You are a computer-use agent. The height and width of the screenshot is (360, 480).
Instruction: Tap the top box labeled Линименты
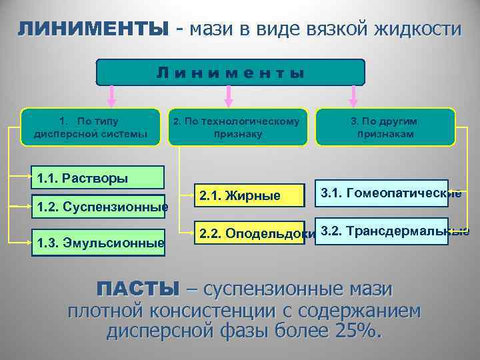[x=231, y=73]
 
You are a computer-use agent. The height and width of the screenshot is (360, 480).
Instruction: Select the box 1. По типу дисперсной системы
[x=91, y=127]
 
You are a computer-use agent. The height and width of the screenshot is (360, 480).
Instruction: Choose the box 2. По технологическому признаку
[x=237, y=127]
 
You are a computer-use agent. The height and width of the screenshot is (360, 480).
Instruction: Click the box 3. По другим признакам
[x=385, y=127]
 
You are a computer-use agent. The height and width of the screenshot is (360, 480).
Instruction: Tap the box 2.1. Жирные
[x=249, y=195]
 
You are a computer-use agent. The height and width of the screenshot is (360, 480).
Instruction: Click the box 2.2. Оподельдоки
[x=249, y=233]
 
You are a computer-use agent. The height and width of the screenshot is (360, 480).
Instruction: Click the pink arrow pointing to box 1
[x=112, y=96]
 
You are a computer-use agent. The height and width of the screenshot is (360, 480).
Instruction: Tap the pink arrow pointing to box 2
[x=229, y=96]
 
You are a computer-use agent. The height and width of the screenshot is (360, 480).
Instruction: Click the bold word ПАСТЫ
[x=138, y=289]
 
